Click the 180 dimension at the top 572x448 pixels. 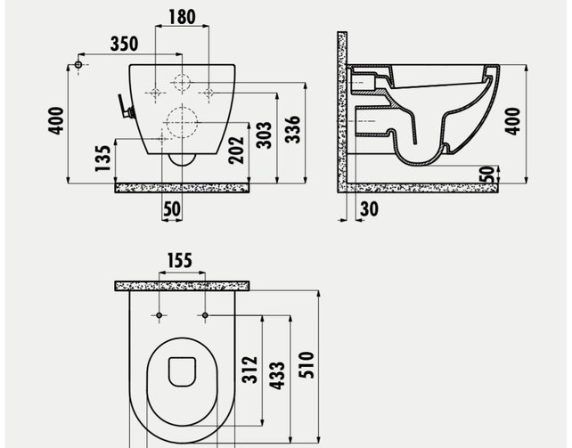coord(183,17)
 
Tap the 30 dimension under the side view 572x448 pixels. coord(368,208)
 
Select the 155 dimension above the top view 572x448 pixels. coord(181,260)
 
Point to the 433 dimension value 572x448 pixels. coord(278,374)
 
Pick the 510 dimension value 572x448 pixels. coord(307,366)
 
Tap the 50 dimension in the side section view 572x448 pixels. coord(486,174)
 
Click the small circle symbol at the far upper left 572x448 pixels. coord(79,65)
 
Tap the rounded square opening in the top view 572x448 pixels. coord(182,371)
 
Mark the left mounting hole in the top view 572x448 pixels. coord(159,315)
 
